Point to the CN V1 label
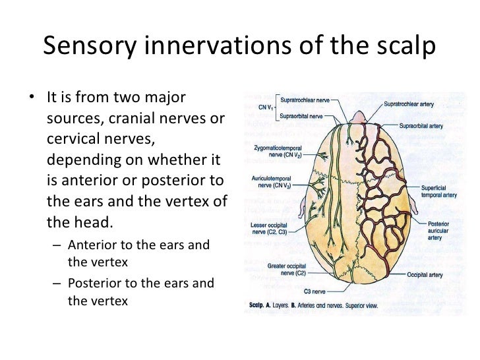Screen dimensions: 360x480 pos(266,107)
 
